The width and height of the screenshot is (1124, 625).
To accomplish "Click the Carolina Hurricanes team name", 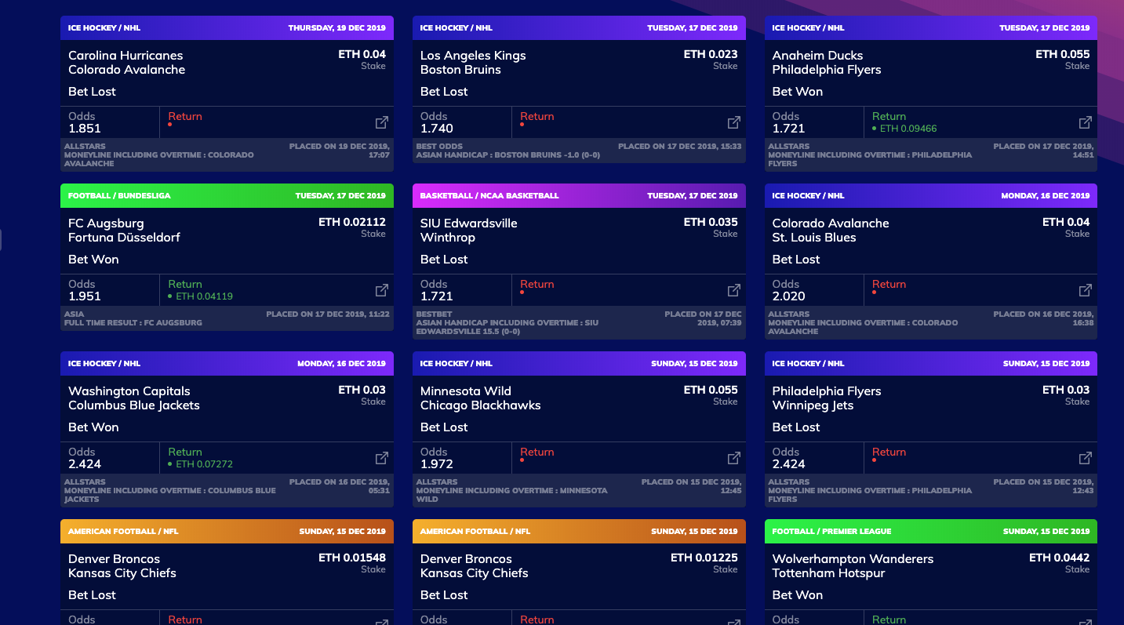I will click(x=125, y=56).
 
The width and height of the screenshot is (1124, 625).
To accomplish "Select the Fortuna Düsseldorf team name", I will click(x=124, y=238).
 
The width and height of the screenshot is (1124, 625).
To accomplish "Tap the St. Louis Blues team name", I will click(x=813, y=238).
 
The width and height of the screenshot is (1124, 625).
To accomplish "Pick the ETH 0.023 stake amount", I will click(x=711, y=54).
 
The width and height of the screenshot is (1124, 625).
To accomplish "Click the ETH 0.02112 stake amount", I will click(x=352, y=222).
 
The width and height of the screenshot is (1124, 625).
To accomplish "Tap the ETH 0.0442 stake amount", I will click(x=1059, y=558).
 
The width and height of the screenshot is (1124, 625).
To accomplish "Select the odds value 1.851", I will click(x=85, y=129).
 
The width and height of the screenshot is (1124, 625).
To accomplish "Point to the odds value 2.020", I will click(x=788, y=296).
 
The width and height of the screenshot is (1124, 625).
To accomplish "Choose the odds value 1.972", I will click(x=437, y=464).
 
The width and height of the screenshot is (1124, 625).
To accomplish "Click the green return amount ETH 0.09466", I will click(x=908, y=129).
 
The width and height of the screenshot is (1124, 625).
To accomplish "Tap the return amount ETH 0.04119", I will click(x=204, y=296).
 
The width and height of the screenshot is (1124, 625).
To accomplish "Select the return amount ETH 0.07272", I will click(x=204, y=464).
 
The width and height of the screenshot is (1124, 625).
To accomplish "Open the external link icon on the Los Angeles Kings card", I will click(x=734, y=122).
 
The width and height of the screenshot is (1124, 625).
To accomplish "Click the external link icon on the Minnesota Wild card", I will click(x=734, y=458).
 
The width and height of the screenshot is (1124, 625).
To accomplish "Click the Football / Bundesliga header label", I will click(x=119, y=196).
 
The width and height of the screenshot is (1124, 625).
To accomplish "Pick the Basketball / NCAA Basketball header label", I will click(x=489, y=196).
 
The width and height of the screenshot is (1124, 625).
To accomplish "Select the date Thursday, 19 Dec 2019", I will click(x=336, y=28).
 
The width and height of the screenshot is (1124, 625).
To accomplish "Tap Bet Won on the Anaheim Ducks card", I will click(x=797, y=92).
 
